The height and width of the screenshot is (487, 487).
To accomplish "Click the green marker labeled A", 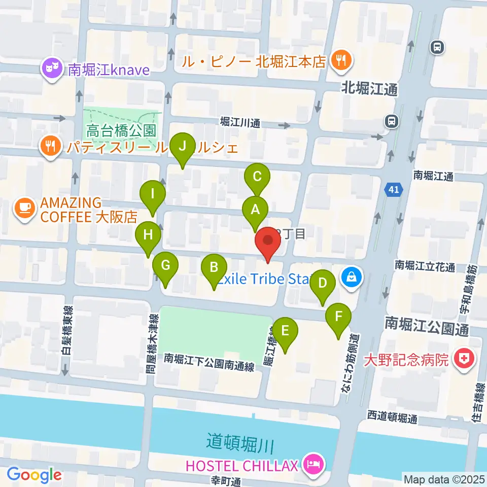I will click(x=255, y=209).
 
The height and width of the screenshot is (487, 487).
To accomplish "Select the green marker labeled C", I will click(x=257, y=177).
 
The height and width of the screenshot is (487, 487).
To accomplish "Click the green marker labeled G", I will click(x=166, y=265).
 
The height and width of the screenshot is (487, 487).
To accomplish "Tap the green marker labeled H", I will click(x=148, y=235).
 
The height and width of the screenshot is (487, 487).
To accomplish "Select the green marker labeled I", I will click(x=153, y=194).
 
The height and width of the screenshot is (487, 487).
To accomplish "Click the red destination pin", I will click(x=268, y=242).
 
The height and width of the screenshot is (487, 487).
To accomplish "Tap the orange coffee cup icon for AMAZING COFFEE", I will click(x=24, y=206).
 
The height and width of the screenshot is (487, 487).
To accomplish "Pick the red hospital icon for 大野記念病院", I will click(x=463, y=360).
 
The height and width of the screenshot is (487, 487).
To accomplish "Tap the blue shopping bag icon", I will click(x=351, y=277).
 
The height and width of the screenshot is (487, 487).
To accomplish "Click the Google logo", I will click(x=34, y=475).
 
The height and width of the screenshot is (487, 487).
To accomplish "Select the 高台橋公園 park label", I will click(x=120, y=131).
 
